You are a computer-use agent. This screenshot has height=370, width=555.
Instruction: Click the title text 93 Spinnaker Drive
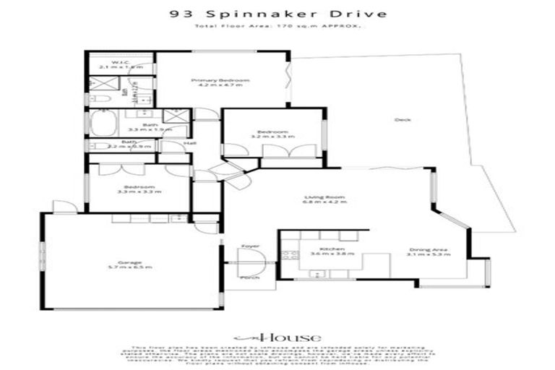point(277,13)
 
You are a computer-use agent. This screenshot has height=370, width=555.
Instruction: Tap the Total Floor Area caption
point(277,26)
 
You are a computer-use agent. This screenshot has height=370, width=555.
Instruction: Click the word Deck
point(397,120)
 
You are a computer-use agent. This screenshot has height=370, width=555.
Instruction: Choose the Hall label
point(190,143)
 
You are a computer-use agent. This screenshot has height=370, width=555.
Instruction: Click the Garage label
point(131,262)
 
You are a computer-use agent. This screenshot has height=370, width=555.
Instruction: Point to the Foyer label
point(250,246)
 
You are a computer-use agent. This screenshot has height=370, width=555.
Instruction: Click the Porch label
point(250,277)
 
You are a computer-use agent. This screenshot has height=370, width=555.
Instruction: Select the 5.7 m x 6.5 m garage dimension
point(131,268)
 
